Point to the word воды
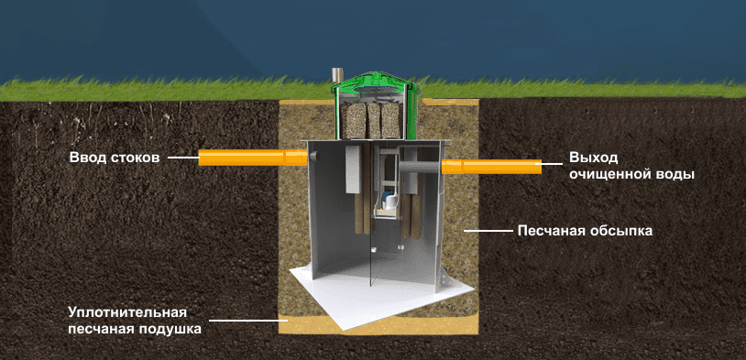(x=671, y=174)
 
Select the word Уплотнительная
(x=126, y=313)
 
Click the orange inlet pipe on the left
(x=253, y=158)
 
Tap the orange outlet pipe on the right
(x=491, y=167)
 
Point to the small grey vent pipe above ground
(x=338, y=75)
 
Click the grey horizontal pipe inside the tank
(x=419, y=166)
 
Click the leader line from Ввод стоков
(x=183, y=158)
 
